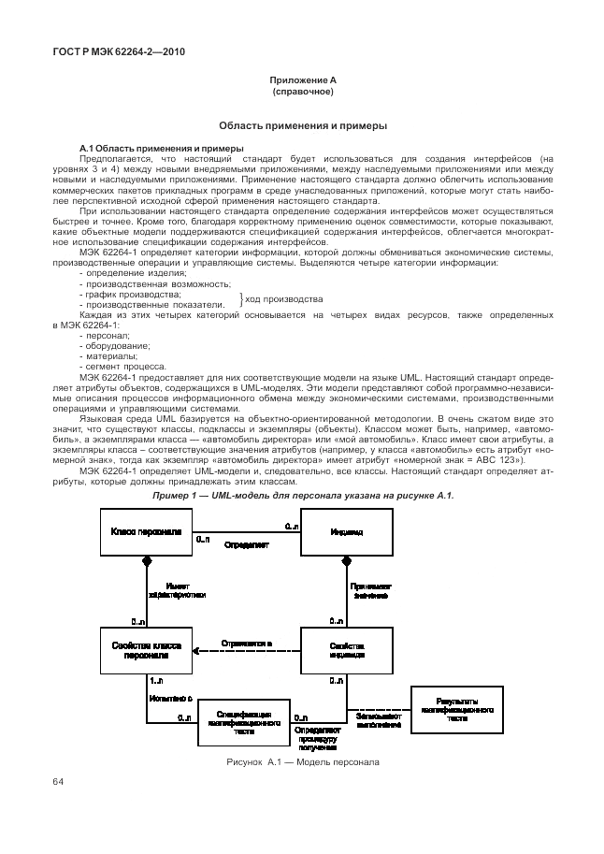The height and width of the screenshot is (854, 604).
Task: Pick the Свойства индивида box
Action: pos(346,650)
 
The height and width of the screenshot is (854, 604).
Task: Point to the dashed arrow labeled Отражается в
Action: pos(247,644)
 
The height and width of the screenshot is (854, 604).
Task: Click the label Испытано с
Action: pos(170,697)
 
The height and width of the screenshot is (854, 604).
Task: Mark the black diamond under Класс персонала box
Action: pos(146,561)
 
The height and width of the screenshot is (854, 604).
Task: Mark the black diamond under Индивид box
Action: pos(346,561)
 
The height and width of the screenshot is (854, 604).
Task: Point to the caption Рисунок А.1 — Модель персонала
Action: pos(303,762)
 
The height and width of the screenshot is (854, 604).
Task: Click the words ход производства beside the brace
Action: pos(283,298)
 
